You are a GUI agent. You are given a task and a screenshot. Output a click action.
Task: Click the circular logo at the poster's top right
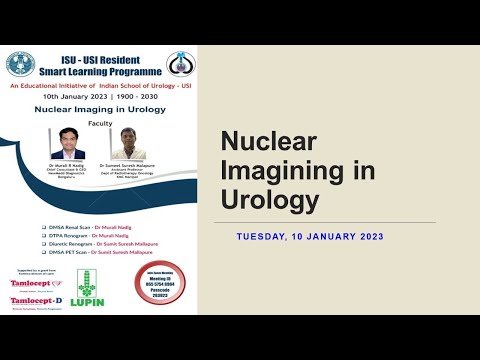coord(179,64)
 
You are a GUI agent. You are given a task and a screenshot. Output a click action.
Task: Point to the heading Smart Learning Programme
coord(99,72)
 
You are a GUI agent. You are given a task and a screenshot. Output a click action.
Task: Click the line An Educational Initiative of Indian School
coord(99,87)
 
